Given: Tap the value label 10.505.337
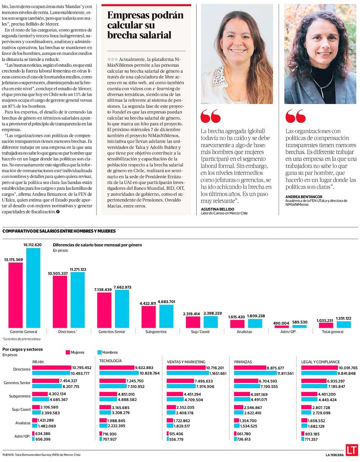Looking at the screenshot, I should (x=58, y=273).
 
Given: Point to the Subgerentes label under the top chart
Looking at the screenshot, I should (x=156, y=332).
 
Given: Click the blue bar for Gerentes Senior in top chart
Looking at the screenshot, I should (x=122, y=309).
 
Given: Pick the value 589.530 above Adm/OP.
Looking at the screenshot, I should (x=299, y=322).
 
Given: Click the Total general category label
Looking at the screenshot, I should (x=333, y=332).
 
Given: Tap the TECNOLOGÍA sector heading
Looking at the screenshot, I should (x=111, y=360).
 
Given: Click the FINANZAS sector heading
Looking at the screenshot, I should (x=243, y=362).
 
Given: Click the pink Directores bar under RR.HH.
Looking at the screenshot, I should (x=52, y=368).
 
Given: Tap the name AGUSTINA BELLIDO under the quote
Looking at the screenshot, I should (x=217, y=209).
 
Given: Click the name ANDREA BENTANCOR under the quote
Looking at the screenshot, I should (x=304, y=197).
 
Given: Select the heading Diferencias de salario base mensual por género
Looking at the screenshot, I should (x=97, y=245).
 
